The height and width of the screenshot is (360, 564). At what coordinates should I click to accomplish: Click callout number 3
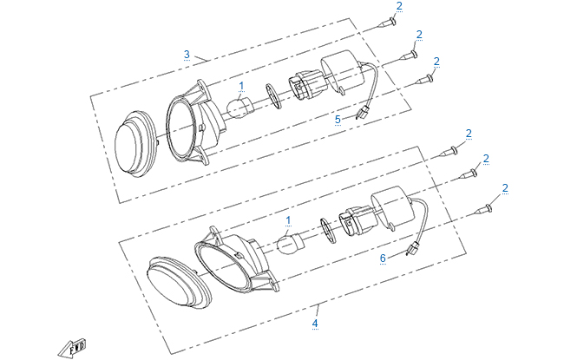click(187, 55)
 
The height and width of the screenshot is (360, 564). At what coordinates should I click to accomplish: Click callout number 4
click(315, 324)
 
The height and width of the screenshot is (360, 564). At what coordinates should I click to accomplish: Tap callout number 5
click(338, 120)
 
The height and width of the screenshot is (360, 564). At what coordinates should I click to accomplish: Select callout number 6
click(383, 258)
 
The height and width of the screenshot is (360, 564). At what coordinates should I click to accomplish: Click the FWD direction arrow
click(72, 347)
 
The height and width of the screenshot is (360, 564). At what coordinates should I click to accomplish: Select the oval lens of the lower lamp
click(179, 283)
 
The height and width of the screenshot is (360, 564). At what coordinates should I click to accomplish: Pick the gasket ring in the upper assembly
click(273, 96)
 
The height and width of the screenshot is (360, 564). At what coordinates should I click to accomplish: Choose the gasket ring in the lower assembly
click(328, 231)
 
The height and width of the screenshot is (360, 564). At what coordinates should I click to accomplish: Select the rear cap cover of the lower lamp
click(390, 208)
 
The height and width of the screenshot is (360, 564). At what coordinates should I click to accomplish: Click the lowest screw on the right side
click(482, 209)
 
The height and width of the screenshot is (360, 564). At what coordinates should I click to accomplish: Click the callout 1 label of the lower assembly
click(288, 220)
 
